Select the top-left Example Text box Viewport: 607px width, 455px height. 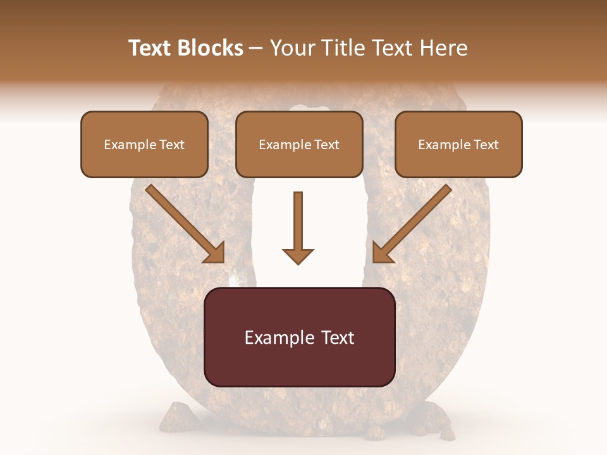pyautogui.click(x=144, y=144)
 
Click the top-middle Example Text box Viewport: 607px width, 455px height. pyautogui.click(x=299, y=144)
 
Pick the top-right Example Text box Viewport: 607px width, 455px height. pyautogui.click(x=458, y=144)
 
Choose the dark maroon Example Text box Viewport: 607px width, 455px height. pyautogui.click(x=300, y=337)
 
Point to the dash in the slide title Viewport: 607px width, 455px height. pyautogui.click(x=256, y=48)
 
